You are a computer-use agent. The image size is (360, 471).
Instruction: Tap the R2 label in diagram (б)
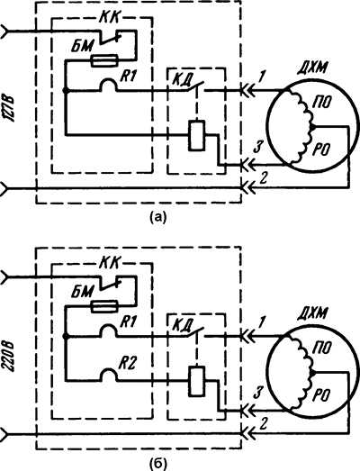click(x=127, y=364)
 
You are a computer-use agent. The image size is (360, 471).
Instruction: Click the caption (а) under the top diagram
click(x=157, y=216)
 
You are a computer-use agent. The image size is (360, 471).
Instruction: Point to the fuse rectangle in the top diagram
click(x=103, y=61)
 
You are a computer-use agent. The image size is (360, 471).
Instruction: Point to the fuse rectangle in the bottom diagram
click(x=103, y=307)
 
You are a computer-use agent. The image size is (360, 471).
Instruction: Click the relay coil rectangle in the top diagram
click(x=196, y=135)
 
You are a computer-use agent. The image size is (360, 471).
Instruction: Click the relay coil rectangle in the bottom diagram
click(x=196, y=381)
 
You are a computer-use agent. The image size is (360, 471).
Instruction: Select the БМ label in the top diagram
click(x=82, y=46)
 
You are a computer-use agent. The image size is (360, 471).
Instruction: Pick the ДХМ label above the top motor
click(x=311, y=69)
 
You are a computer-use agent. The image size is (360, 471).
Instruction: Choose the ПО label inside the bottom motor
click(x=321, y=349)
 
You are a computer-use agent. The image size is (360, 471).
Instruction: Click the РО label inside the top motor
click(x=321, y=149)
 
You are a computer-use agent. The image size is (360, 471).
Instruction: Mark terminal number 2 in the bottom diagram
click(x=264, y=424)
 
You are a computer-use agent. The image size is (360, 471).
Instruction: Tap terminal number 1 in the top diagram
click(x=261, y=77)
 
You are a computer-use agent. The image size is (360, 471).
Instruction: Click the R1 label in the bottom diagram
click(x=128, y=322)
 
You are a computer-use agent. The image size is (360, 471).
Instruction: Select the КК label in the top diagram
click(x=109, y=18)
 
